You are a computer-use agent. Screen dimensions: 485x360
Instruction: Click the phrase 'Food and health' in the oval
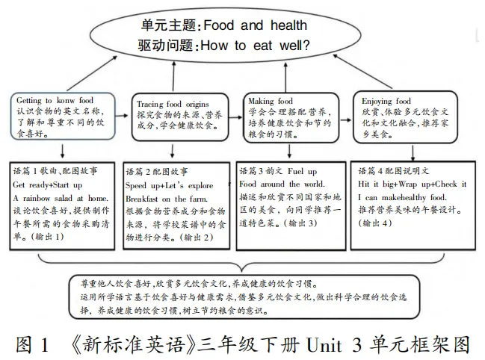click(x=256, y=25)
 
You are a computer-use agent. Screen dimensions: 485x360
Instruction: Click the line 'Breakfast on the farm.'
click(x=166, y=197)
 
